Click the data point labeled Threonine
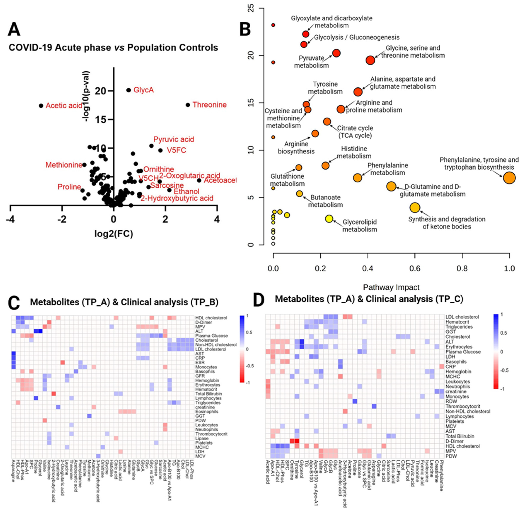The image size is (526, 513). point(188,105)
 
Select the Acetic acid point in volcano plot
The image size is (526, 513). point(41,106)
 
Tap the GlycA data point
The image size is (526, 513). point(129,90)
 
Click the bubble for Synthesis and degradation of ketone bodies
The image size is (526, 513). point(415,207)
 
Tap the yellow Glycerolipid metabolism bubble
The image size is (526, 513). point(329,219)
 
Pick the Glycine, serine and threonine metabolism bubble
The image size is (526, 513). point(370,60)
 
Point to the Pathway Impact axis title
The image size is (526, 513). point(391,287)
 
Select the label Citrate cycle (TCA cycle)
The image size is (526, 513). point(355,132)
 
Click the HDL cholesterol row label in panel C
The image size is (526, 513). point(211,318)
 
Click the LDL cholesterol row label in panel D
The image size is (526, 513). point(462,317)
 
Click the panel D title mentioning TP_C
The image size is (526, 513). point(369,299)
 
